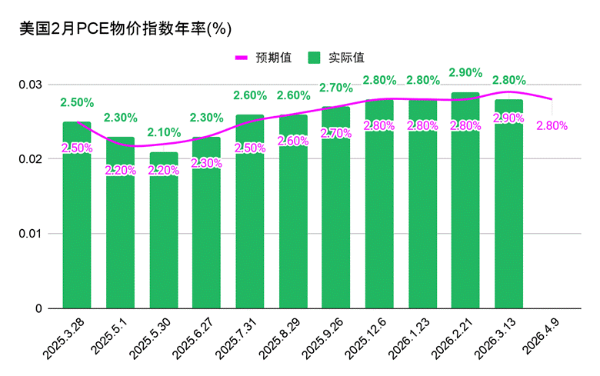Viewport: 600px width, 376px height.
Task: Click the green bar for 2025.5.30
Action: pyautogui.click(x=163, y=231)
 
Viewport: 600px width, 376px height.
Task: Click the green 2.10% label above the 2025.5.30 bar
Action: pyautogui.click(x=163, y=132)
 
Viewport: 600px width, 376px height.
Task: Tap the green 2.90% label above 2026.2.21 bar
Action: pyautogui.click(x=465, y=72)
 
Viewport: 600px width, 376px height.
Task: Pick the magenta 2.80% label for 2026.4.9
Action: pyautogui.click(x=552, y=125)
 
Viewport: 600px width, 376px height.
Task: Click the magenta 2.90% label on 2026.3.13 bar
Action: pyautogui.click(x=508, y=118)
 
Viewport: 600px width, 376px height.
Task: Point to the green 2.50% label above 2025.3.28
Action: pyautogui.click(x=77, y=102)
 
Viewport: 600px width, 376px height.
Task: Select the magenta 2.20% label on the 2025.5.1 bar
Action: pyautogui.click(x=120, y=171)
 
